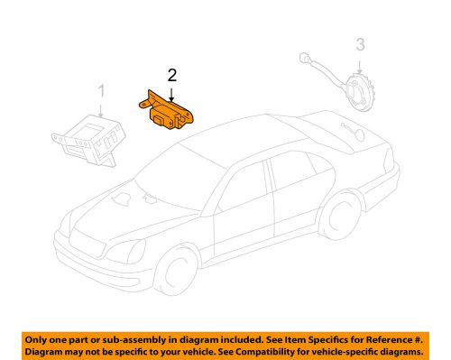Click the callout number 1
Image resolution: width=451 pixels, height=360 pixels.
click(x=101, y=91)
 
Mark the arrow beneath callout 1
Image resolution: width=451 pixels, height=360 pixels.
click(x=101, y=107)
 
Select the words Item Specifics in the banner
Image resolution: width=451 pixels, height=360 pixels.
click(x=303, y=337)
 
